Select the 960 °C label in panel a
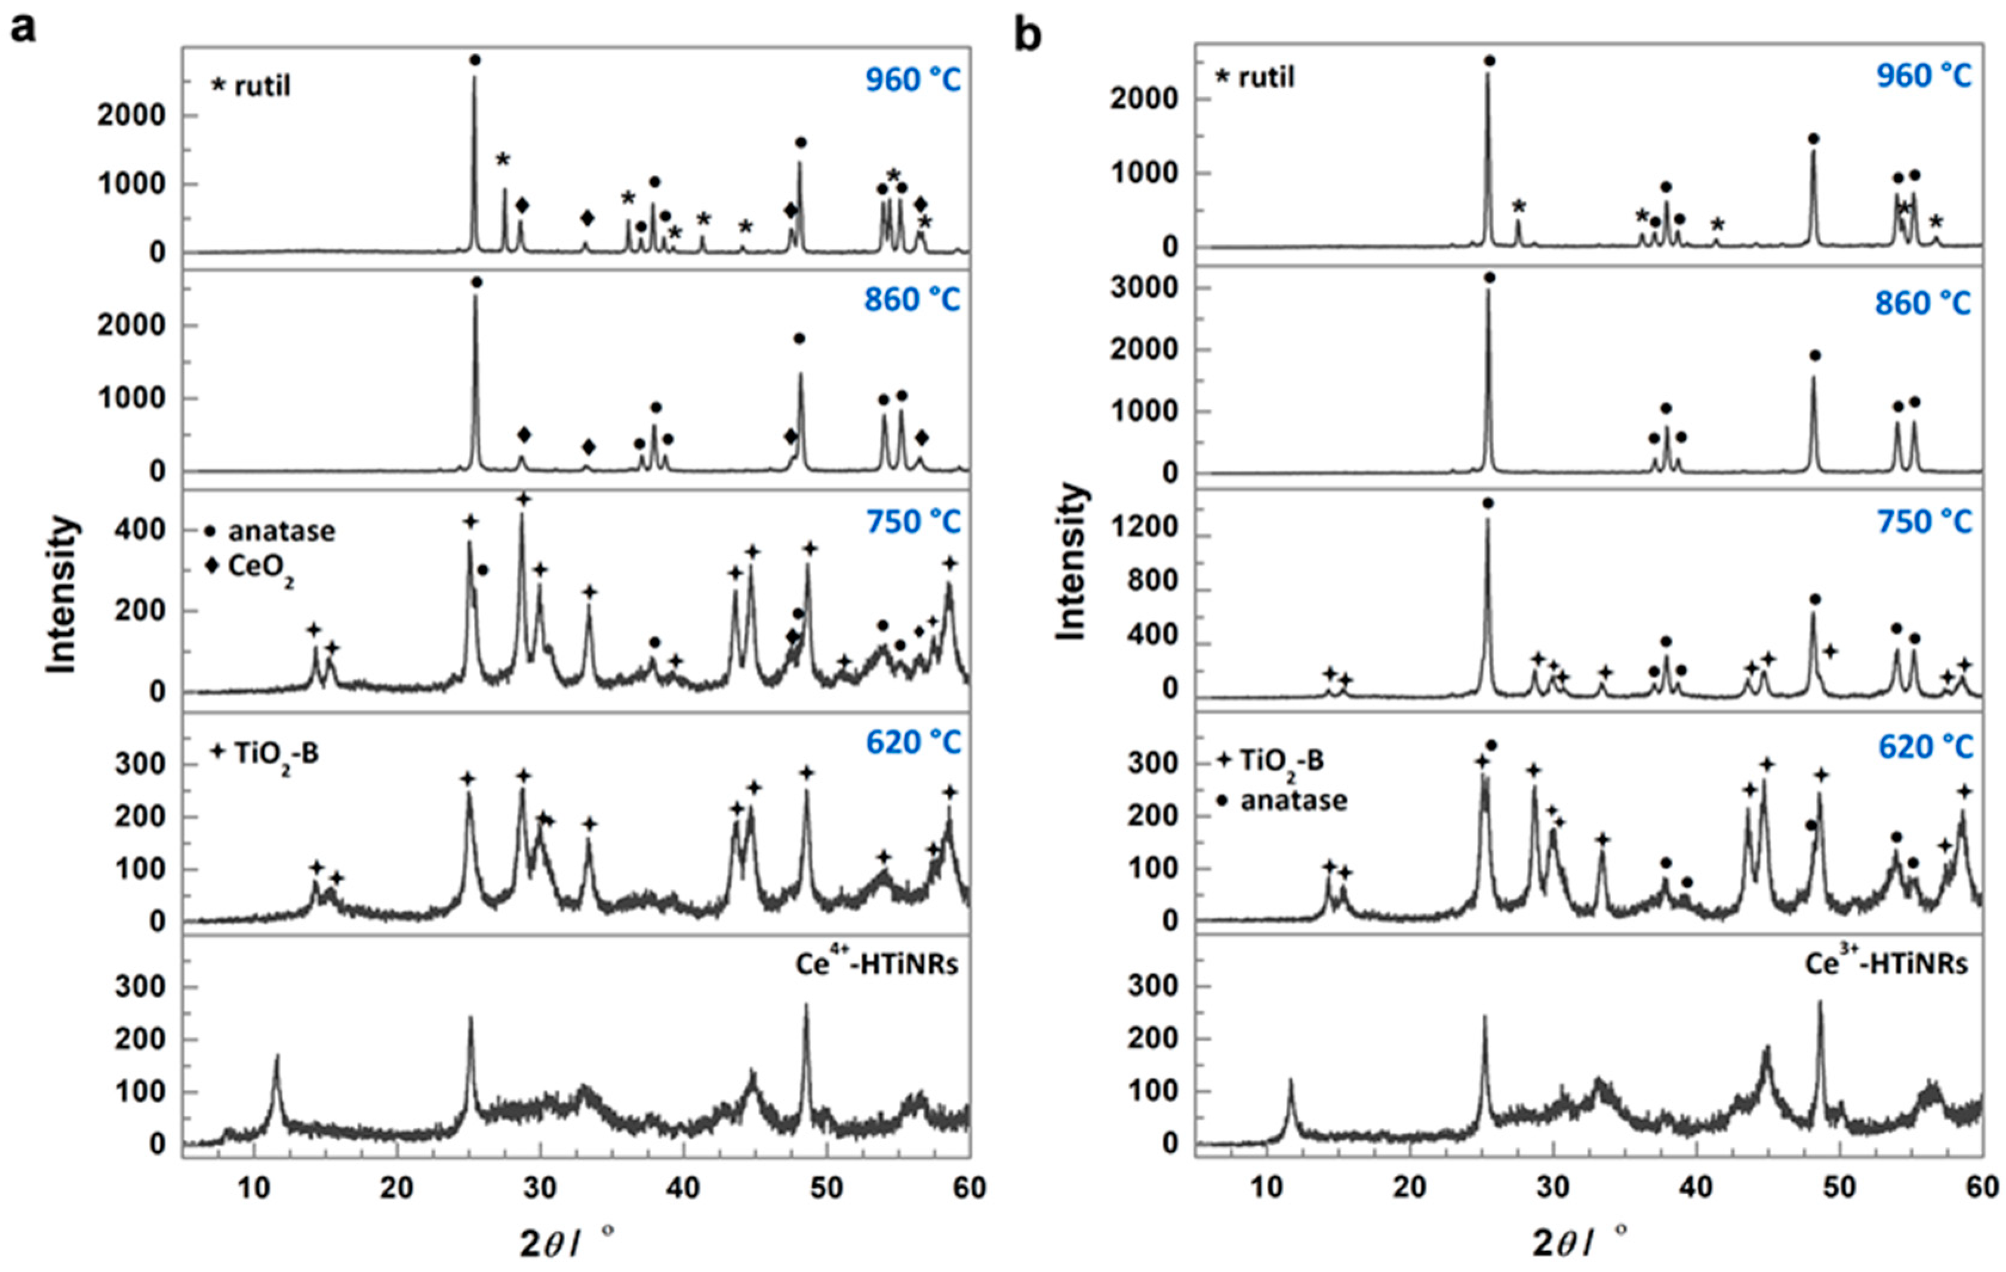(912, 80)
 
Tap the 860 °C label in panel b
(1924, 303)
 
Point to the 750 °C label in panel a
(913, 522)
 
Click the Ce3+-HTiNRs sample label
(1887, 964)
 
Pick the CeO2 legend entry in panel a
(250, 569)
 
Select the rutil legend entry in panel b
(1256, 78)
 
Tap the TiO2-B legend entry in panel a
(265, 754)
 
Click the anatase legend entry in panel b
(1284, 800)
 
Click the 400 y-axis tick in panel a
(145, 531)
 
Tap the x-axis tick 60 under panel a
(969, 1188)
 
